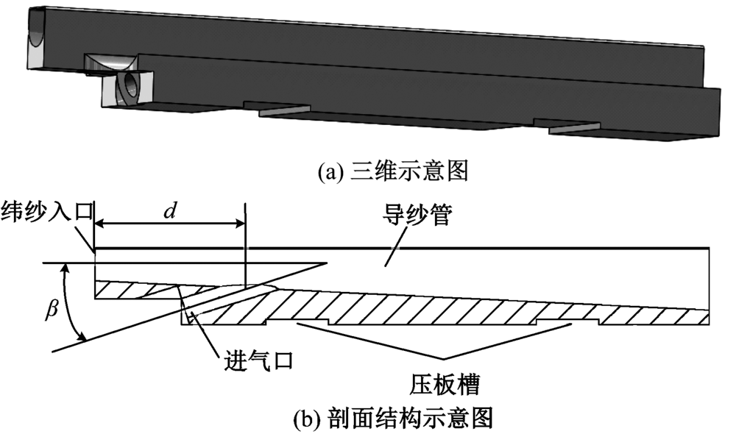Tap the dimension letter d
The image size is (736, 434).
click(x=170, y=211)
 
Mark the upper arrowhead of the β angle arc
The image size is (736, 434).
click(x=67, y=268)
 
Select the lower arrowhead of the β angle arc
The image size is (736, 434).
click(x=85, y=336)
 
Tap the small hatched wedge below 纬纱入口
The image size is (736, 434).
click(x=136, y=290)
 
